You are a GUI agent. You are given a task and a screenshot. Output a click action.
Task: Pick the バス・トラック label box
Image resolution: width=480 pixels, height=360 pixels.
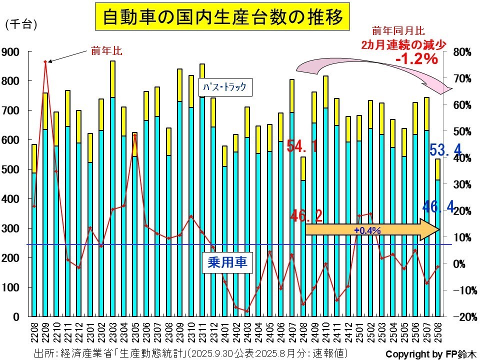(224, 87)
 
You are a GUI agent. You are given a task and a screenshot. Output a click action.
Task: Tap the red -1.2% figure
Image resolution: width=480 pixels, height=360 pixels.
(416, 59)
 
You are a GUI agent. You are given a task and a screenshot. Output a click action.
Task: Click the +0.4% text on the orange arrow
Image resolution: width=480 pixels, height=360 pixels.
(367, 230)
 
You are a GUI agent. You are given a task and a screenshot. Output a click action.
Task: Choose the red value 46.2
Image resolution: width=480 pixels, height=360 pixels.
(306, 216)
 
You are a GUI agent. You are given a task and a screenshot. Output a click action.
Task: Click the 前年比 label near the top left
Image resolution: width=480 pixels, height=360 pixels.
(106, 50)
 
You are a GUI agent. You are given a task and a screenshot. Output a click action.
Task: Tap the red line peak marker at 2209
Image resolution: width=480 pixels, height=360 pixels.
(45, 62)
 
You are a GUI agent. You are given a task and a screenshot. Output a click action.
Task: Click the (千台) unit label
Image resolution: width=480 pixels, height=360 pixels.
(21, 25)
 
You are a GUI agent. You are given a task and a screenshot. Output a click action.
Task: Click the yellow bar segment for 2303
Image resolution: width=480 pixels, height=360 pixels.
(113, 79)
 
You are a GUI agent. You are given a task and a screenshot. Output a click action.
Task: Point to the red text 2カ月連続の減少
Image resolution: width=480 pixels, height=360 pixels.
(403, 44)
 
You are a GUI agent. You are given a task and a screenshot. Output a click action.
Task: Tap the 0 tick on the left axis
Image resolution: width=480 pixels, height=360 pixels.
(17, 317)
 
